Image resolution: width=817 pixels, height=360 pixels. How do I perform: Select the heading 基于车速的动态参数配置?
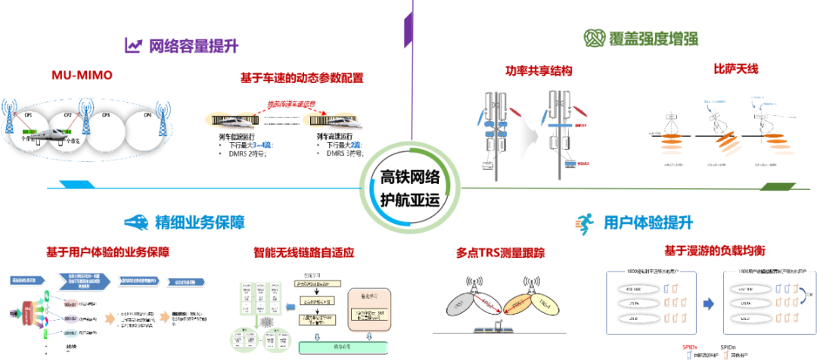click(302, 78)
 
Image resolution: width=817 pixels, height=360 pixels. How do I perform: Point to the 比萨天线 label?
click(735, 70)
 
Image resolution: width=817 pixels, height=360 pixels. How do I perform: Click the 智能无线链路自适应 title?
click(315, 251)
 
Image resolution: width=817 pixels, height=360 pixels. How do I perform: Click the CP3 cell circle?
click(106, 126)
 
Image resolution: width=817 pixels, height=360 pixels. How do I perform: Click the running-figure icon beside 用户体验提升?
click(582, 222)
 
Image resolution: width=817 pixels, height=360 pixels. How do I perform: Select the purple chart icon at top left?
click(134, 45)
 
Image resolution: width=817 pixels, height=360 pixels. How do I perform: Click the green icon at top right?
click(592, 37)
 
